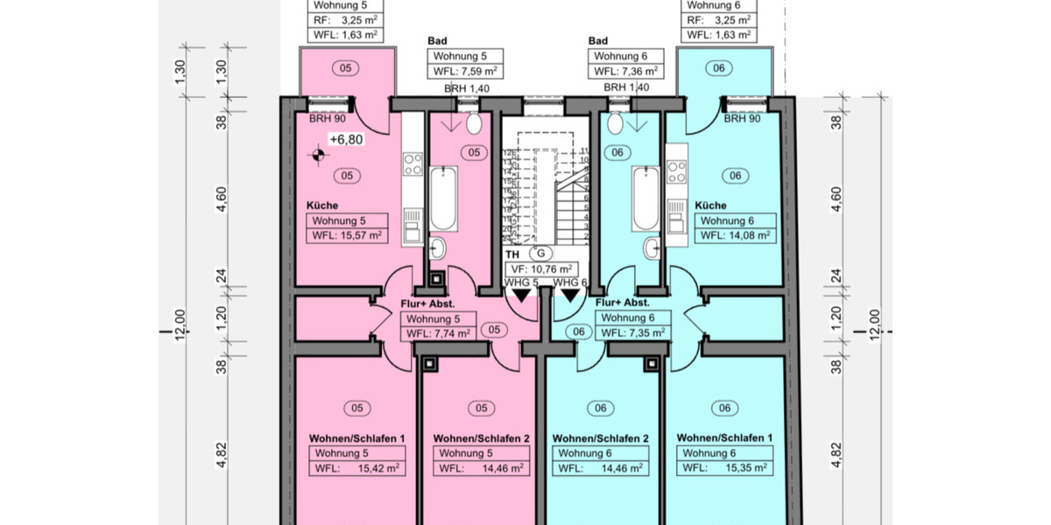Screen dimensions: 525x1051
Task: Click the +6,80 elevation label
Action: pyautogui.click(x=345, y=139)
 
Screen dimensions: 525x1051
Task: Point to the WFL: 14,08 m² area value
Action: pyautogui.click(x=734, y=235)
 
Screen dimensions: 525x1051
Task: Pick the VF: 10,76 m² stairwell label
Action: pyautogui.click(x=541, y=269)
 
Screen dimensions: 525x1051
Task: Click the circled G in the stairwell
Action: pyautogui.click(x=540, y=254)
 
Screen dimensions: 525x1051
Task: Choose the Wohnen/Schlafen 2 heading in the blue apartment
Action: pyautogui.click(x=600, y=438)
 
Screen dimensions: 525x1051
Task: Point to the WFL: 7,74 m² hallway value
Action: pyautogui.click(x=439, y=333)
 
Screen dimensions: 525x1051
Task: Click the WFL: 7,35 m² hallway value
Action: pyautogui.click(x=633, y=332)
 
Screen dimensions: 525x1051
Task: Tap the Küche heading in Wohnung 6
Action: pyautogui.click(x=710, y=206)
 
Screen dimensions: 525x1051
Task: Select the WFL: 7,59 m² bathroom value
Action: pyautogui.click(x=464, y=71)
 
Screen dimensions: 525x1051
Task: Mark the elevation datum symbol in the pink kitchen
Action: pyautogui.click(x=316, y=156)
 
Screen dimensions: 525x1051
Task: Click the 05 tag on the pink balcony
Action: pyautogui.click(x=345, y=67)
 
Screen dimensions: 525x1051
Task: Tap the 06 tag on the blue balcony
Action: pyautogui.click(x=719, y=67)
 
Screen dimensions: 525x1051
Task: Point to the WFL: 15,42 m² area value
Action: pyautogui.click(x=358, y=469)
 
